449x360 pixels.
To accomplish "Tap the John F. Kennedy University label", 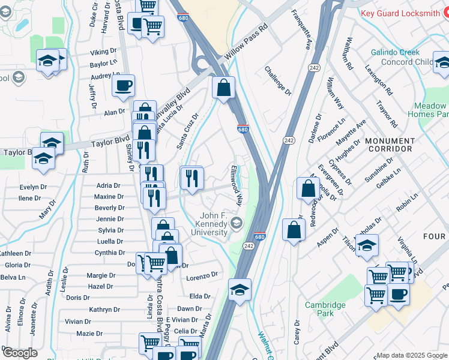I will [x=214, y=224].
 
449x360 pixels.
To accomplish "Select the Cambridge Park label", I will [x=325, y=309].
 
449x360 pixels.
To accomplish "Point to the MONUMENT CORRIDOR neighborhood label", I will [x=390, y=146].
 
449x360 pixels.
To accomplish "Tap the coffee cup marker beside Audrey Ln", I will [x=123, y=85].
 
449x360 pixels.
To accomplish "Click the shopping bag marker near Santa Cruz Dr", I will [x=223, y=88].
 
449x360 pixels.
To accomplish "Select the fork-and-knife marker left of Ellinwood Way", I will [x=192, y=178].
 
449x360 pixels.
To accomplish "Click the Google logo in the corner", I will [x=19, y=353].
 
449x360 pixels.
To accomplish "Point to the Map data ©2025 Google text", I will [x=412, y=355].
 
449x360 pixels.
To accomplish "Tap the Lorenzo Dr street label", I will [x=201, y=276].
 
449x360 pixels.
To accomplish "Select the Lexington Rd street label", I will [x=378, y=80].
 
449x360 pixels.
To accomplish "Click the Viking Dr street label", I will [x=103, y=52].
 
